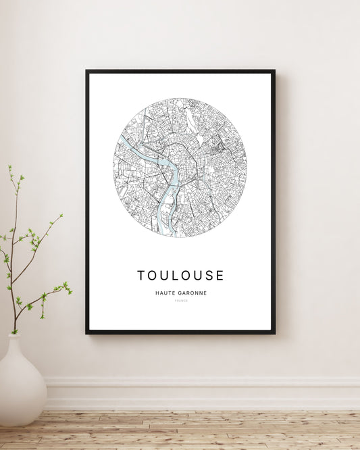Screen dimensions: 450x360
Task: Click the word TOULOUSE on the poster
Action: click(180, 276)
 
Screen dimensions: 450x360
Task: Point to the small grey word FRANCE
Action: click(180, 301)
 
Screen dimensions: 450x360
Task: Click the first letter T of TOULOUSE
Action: click(141, 276)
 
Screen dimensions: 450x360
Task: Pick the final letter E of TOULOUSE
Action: click(220, 276)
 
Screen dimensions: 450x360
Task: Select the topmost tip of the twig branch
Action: click(9, 166)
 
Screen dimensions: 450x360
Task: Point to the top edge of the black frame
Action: click(180, 71)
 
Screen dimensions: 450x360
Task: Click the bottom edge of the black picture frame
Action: click(180, 332)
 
